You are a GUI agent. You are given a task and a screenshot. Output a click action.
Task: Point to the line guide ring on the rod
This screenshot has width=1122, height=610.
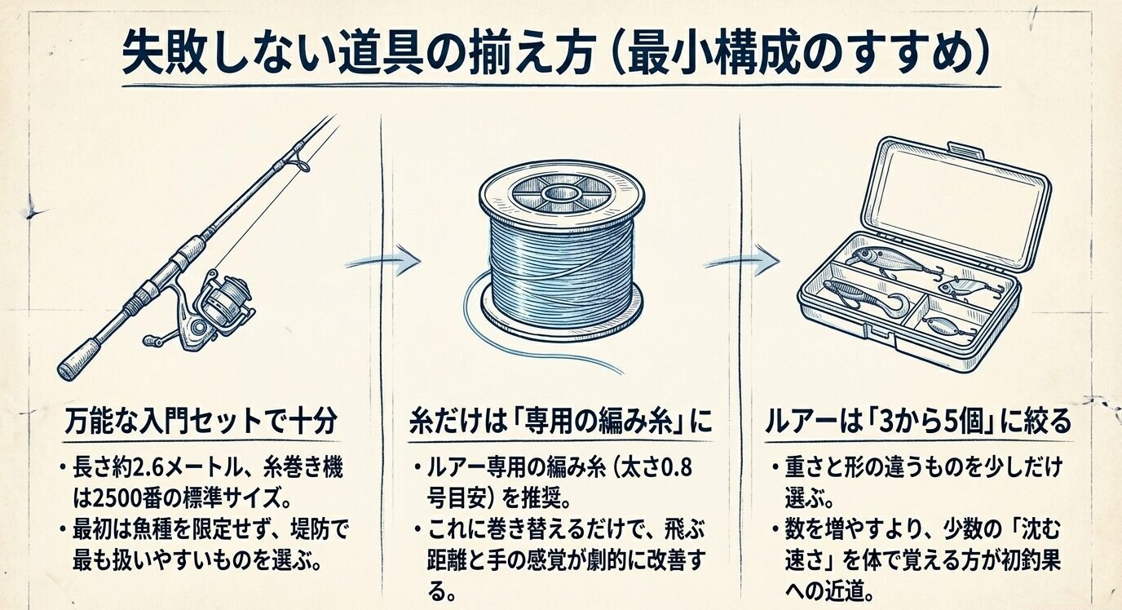[x=301, y=165]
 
